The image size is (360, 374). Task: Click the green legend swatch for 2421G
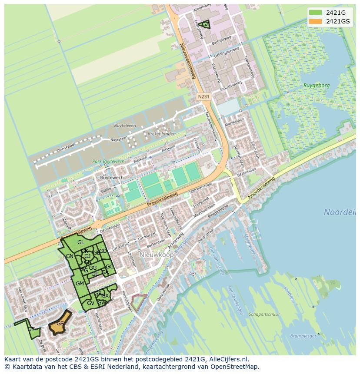[316, 13]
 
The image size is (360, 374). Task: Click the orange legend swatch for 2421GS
[316, 21]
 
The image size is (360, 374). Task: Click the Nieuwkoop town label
[157, 255]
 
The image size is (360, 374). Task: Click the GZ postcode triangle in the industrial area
[205, 25]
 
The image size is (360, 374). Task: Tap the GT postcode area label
[31, 330]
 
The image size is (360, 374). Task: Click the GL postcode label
[81, 242]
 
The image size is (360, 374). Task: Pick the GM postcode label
[80, 284]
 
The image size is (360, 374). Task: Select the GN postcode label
[69, 256]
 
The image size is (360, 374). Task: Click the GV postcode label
[90, 303]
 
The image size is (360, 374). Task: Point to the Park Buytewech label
[108, 162]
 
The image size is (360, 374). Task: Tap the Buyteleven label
[125, 126]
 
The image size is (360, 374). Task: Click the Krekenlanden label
[162, 134]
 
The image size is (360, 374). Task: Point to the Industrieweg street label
[230, 87]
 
